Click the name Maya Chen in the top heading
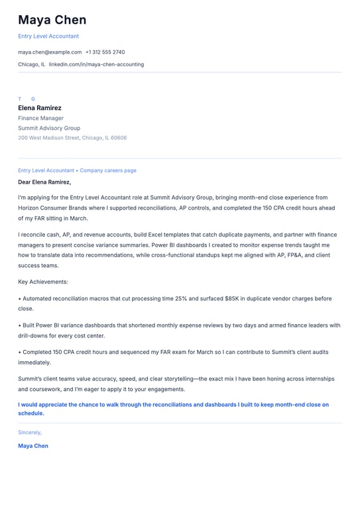pos(52,21)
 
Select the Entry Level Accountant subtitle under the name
pos(48,36)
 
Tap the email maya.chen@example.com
pos(50,52)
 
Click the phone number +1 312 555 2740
pos(105,52)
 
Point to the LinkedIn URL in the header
pos(96,64)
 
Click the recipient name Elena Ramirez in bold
pos(40,108)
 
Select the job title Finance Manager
pos(41,118)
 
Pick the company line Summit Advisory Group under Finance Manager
pos(49,128)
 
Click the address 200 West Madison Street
pos(72,138)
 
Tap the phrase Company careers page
pos(108,170)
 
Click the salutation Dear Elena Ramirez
pos(44,182)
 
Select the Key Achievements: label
pos(43,282)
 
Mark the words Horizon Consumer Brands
pos(47,207)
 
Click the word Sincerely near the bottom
pos(30,432)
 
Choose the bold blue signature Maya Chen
pos(33,446)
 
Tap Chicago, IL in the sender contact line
pos(32,64)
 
